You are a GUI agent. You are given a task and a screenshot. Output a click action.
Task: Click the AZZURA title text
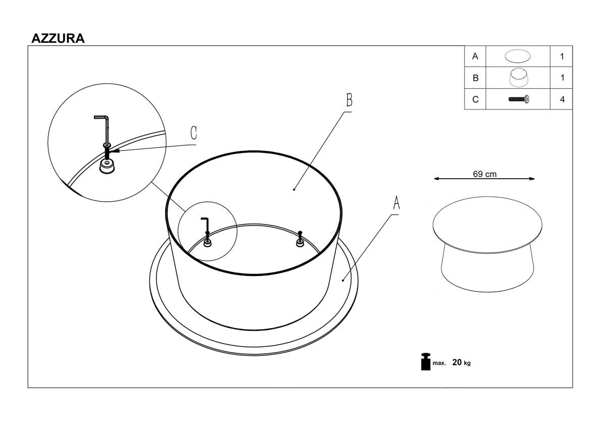(58, 38)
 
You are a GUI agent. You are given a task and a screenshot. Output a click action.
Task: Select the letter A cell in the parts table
(475, 57)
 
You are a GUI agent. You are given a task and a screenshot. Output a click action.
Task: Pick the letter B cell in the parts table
(475, 78)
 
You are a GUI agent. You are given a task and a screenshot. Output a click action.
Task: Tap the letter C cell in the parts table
(475, 99)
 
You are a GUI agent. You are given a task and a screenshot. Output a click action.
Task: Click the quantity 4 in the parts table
(562, 99)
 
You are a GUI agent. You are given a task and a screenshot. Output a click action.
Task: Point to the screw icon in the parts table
(519, 99)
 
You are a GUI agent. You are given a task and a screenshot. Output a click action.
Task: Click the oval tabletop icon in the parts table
(517, 57)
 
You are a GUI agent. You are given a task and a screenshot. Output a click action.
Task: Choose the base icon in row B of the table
(518, 78)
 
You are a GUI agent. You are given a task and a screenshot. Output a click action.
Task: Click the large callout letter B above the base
(348, 100)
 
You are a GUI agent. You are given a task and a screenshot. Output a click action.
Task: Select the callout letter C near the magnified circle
(193, 133)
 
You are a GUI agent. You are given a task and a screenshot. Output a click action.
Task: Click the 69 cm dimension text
(484, 174)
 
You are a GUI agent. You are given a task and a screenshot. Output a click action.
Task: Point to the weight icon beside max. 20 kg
(425, 362)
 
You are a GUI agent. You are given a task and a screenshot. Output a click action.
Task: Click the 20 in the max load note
(457, 362)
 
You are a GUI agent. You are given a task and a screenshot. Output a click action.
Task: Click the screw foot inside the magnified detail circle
(107, 166)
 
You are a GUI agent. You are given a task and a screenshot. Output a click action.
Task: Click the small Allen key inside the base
(205, 223)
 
